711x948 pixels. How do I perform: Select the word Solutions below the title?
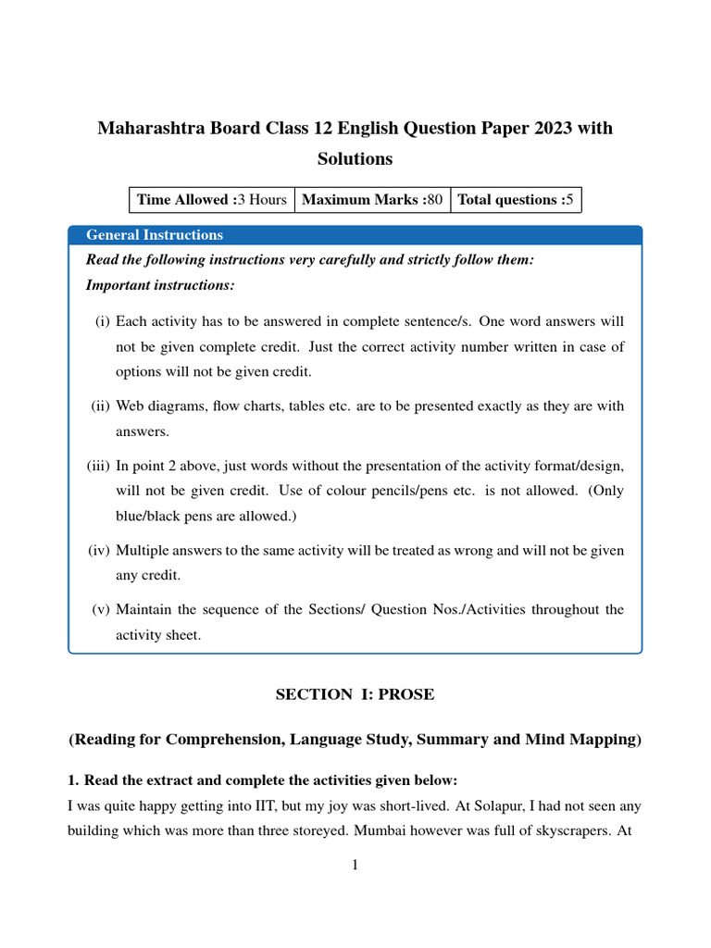pyautogui.click(x=355, y=159)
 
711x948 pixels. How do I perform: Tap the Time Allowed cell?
pyautogui.click(x=211, y=200)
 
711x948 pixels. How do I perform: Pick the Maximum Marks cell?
pyautogui.click(x=372, y=200)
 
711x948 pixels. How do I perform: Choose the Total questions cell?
pyautogui.click(x=516, y=200)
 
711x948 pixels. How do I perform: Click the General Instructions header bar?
pyautogui.click(x=355, y=235)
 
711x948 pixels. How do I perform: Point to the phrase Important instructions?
pyautogui.click(x=160, y=284)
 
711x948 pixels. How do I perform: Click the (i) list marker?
pyautogui.click(x=102, y=321)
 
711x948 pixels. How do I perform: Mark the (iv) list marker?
pyautogui.click(x=99, y=550)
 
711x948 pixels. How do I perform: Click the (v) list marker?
pyautogui.click(x=101, y=609)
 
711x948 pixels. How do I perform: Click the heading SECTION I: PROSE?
pyautogui.click(x=355, y=694)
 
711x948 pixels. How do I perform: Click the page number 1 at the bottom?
pyautogui.click(x=355, y=866)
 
